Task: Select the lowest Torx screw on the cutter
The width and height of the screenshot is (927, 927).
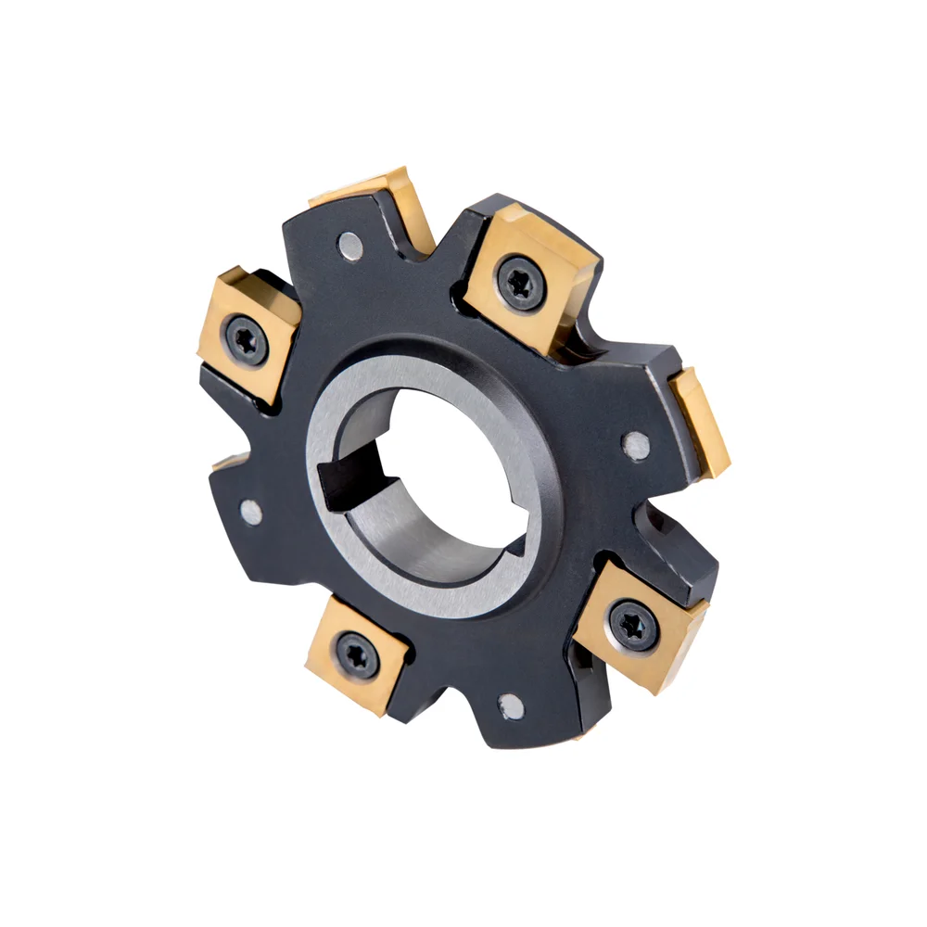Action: point(356,653)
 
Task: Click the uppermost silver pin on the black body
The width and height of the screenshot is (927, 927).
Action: point(350,245)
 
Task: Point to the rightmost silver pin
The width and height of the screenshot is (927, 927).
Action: point(636,446)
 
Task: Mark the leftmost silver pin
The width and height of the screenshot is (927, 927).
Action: point(251,511)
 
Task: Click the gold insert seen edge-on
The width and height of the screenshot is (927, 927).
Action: point(702,421)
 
